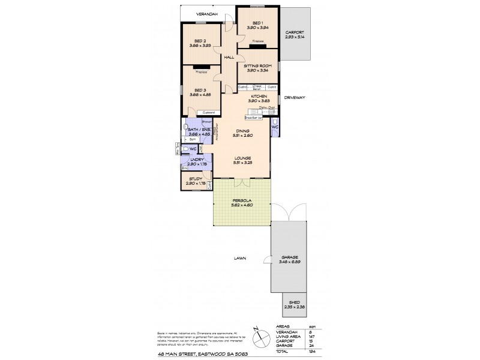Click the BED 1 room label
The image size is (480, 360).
[257, 22]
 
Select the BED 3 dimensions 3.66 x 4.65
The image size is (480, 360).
[201, 94]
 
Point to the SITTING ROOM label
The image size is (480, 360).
[257, 65]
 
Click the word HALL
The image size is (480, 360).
[229, 57]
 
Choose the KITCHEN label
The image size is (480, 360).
[259, 96]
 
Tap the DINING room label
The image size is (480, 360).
[242, 131]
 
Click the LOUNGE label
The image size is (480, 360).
[242, 158]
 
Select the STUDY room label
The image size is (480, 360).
[195, 178]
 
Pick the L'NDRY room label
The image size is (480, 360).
[197, 160]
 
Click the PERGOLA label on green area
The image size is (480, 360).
[242, 200]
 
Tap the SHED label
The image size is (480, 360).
[294, 303]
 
